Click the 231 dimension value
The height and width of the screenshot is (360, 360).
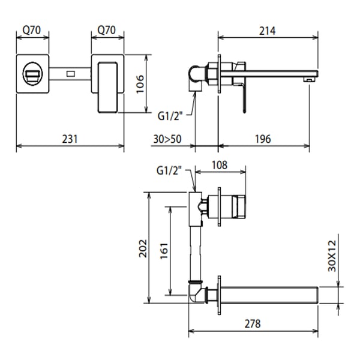point(70,139)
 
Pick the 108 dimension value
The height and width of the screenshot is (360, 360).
point(221,165)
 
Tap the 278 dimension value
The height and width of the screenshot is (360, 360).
point(252,323)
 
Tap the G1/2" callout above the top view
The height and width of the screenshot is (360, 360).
point(169,171)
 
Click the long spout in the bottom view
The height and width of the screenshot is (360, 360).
point(270,295)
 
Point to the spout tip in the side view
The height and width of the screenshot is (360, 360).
point(310,75)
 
